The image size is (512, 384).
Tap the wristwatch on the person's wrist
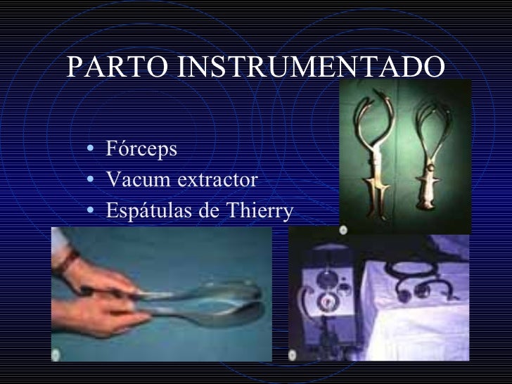click(x=68, y=262)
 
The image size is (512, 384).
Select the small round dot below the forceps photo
click(x=343, y=230)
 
